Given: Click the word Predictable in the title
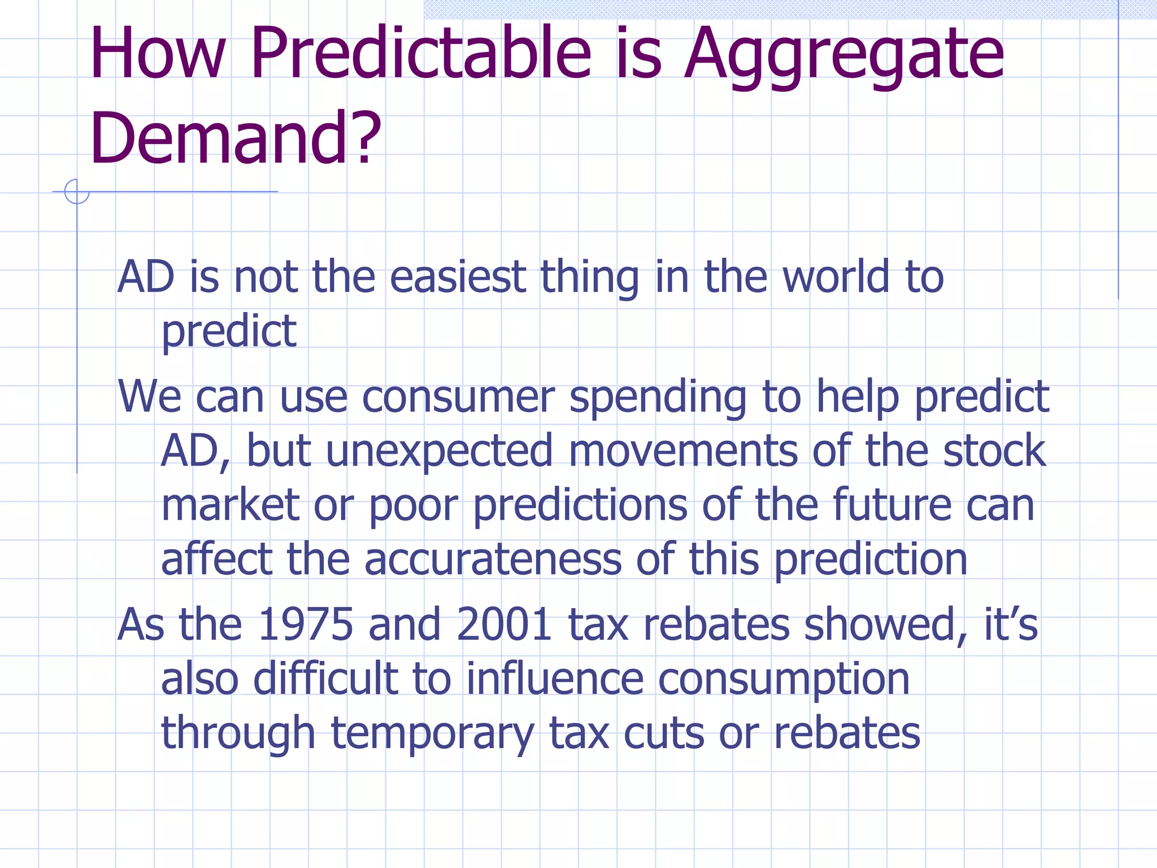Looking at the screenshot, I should click(421, 54).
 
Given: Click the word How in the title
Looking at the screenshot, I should click(158, 54).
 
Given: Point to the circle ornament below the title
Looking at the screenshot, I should click(77, 192).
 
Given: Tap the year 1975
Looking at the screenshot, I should click(306, 624).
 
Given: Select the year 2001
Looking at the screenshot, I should click(504, 624).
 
